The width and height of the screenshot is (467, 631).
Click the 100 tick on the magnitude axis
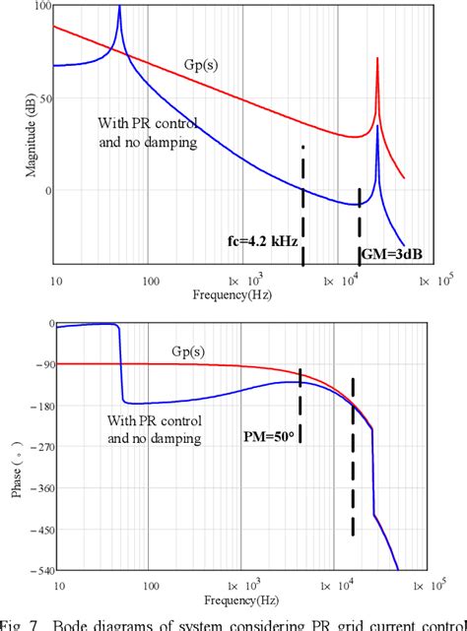41,6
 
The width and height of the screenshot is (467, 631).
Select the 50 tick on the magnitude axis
43,98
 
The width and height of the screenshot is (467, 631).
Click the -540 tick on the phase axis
39,571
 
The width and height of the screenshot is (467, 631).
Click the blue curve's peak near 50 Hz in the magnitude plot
119,8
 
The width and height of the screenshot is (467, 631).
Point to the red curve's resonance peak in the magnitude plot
377,59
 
